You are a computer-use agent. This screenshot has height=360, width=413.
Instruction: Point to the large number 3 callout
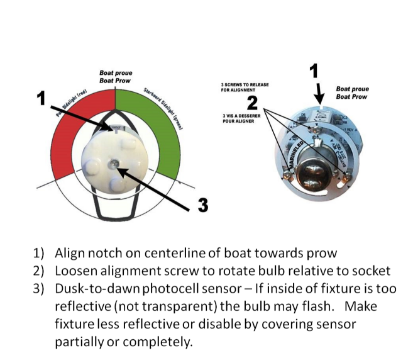click(203, 205)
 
